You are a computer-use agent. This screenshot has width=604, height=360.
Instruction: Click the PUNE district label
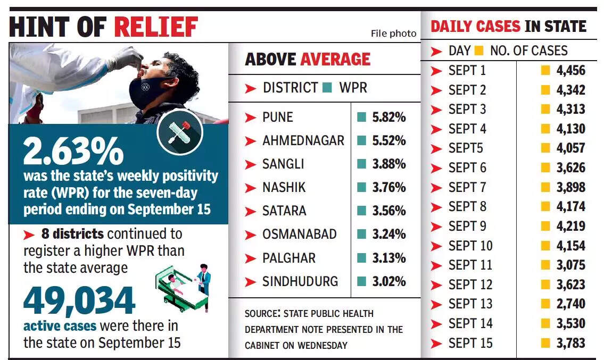coord(278,118)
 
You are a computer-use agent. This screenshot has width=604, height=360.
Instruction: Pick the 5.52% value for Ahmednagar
coord(389,141)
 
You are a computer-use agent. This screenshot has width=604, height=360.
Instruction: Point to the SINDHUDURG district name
coord(300,281)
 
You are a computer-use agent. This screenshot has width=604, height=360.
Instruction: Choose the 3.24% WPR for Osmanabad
coord(389,235)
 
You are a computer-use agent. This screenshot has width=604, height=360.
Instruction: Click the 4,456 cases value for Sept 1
coord(570,70)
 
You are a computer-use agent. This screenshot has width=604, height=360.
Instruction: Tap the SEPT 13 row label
coord(470,304)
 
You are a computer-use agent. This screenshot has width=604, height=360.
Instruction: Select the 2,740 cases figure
coord(570,304)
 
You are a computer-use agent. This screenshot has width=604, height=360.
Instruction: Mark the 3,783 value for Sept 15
coord(570,343)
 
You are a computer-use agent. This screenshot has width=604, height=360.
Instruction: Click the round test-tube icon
coord(180,131)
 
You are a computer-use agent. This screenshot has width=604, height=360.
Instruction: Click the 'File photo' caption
coord(393,34)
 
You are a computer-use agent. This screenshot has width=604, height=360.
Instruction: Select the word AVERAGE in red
coord(336,59)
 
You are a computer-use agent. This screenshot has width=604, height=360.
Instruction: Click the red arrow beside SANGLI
coord(250,164)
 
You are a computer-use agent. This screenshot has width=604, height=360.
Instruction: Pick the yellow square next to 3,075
coord(545,265)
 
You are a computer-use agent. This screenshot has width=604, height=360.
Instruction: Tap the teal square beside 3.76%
coord(362,188)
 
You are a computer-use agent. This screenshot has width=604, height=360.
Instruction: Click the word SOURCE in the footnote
coord(262,314)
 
